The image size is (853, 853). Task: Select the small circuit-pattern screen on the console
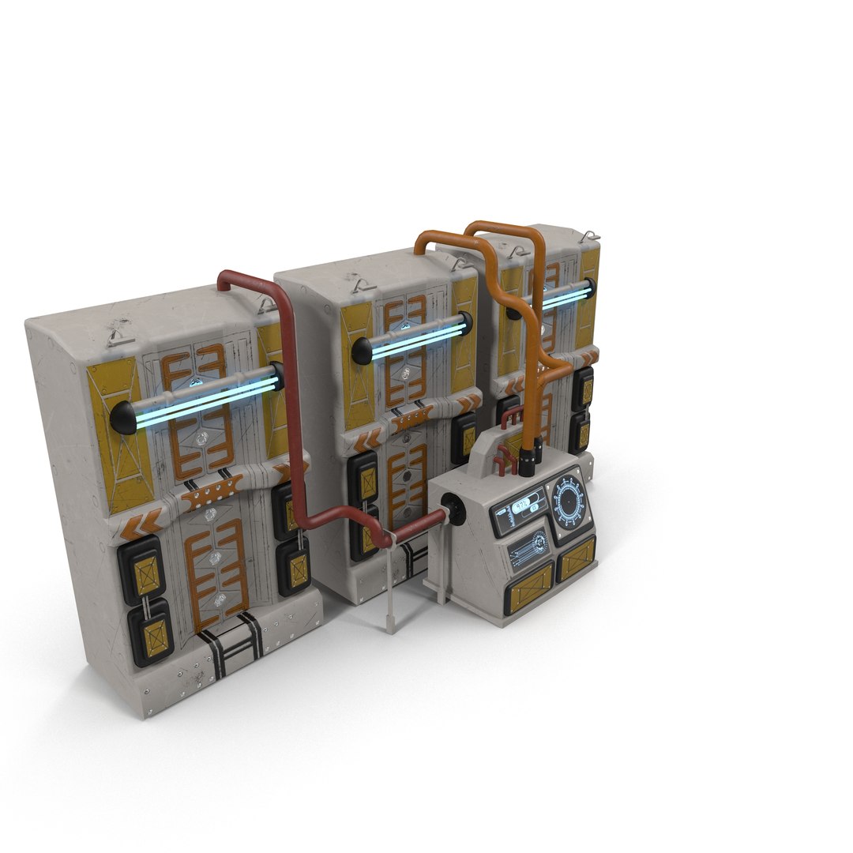tap(528, 547)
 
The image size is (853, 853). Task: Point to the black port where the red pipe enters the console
tap(453, 505)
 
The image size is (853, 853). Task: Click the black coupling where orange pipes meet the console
tap(527, 457)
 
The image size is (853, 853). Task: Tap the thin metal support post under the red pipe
tap(390, 584)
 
